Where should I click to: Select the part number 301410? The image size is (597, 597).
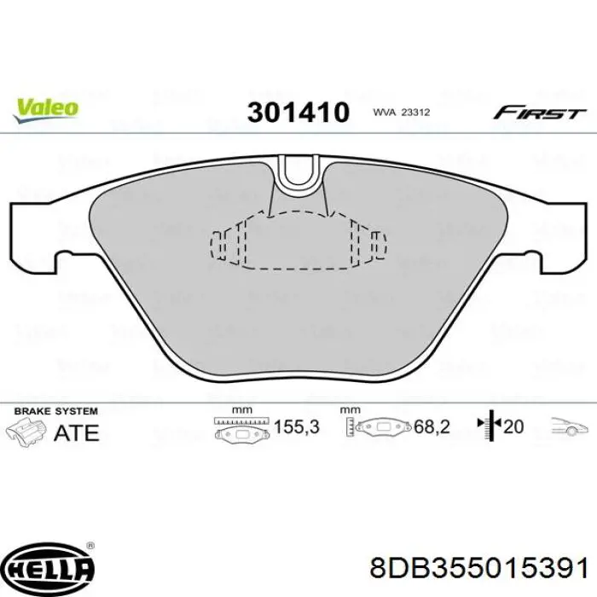point(298,112)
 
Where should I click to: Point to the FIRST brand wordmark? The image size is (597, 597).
point(540,113)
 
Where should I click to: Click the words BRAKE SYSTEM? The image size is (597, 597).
point(52,411)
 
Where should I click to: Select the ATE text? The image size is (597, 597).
point(76,432)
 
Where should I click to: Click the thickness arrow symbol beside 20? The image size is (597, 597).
point(490,426)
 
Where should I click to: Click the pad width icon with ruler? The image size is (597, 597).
point(241,428)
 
